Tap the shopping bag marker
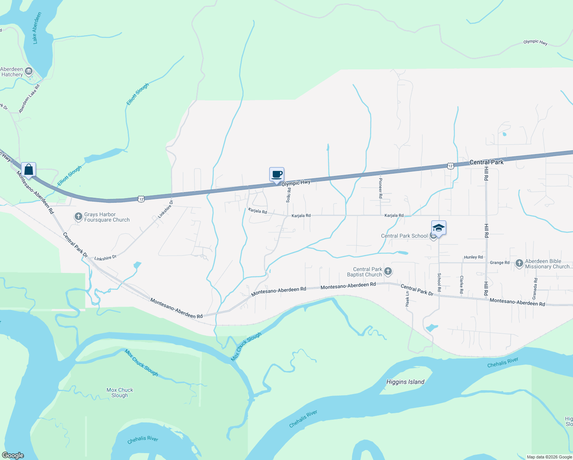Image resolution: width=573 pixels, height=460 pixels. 29,169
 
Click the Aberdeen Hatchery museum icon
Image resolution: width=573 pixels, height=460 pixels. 29,71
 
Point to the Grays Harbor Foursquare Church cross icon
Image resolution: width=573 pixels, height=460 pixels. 78,217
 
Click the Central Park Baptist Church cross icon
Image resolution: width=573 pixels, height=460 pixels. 388,272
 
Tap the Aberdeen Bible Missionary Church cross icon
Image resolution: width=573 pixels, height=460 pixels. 519,263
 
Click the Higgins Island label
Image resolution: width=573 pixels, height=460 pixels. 405,382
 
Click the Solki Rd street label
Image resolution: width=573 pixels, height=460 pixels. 289,195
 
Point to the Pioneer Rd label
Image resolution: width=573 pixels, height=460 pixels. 380,187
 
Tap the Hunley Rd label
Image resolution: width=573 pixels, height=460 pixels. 473,257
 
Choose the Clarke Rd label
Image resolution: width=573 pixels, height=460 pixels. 462,284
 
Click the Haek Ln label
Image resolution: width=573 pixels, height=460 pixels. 407,299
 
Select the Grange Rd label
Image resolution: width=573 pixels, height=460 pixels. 499,263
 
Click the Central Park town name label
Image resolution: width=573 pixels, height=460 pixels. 486,162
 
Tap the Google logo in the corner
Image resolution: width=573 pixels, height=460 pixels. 13,455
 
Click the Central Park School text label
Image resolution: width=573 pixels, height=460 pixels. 404,236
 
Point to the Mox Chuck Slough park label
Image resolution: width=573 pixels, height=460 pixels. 120,393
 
